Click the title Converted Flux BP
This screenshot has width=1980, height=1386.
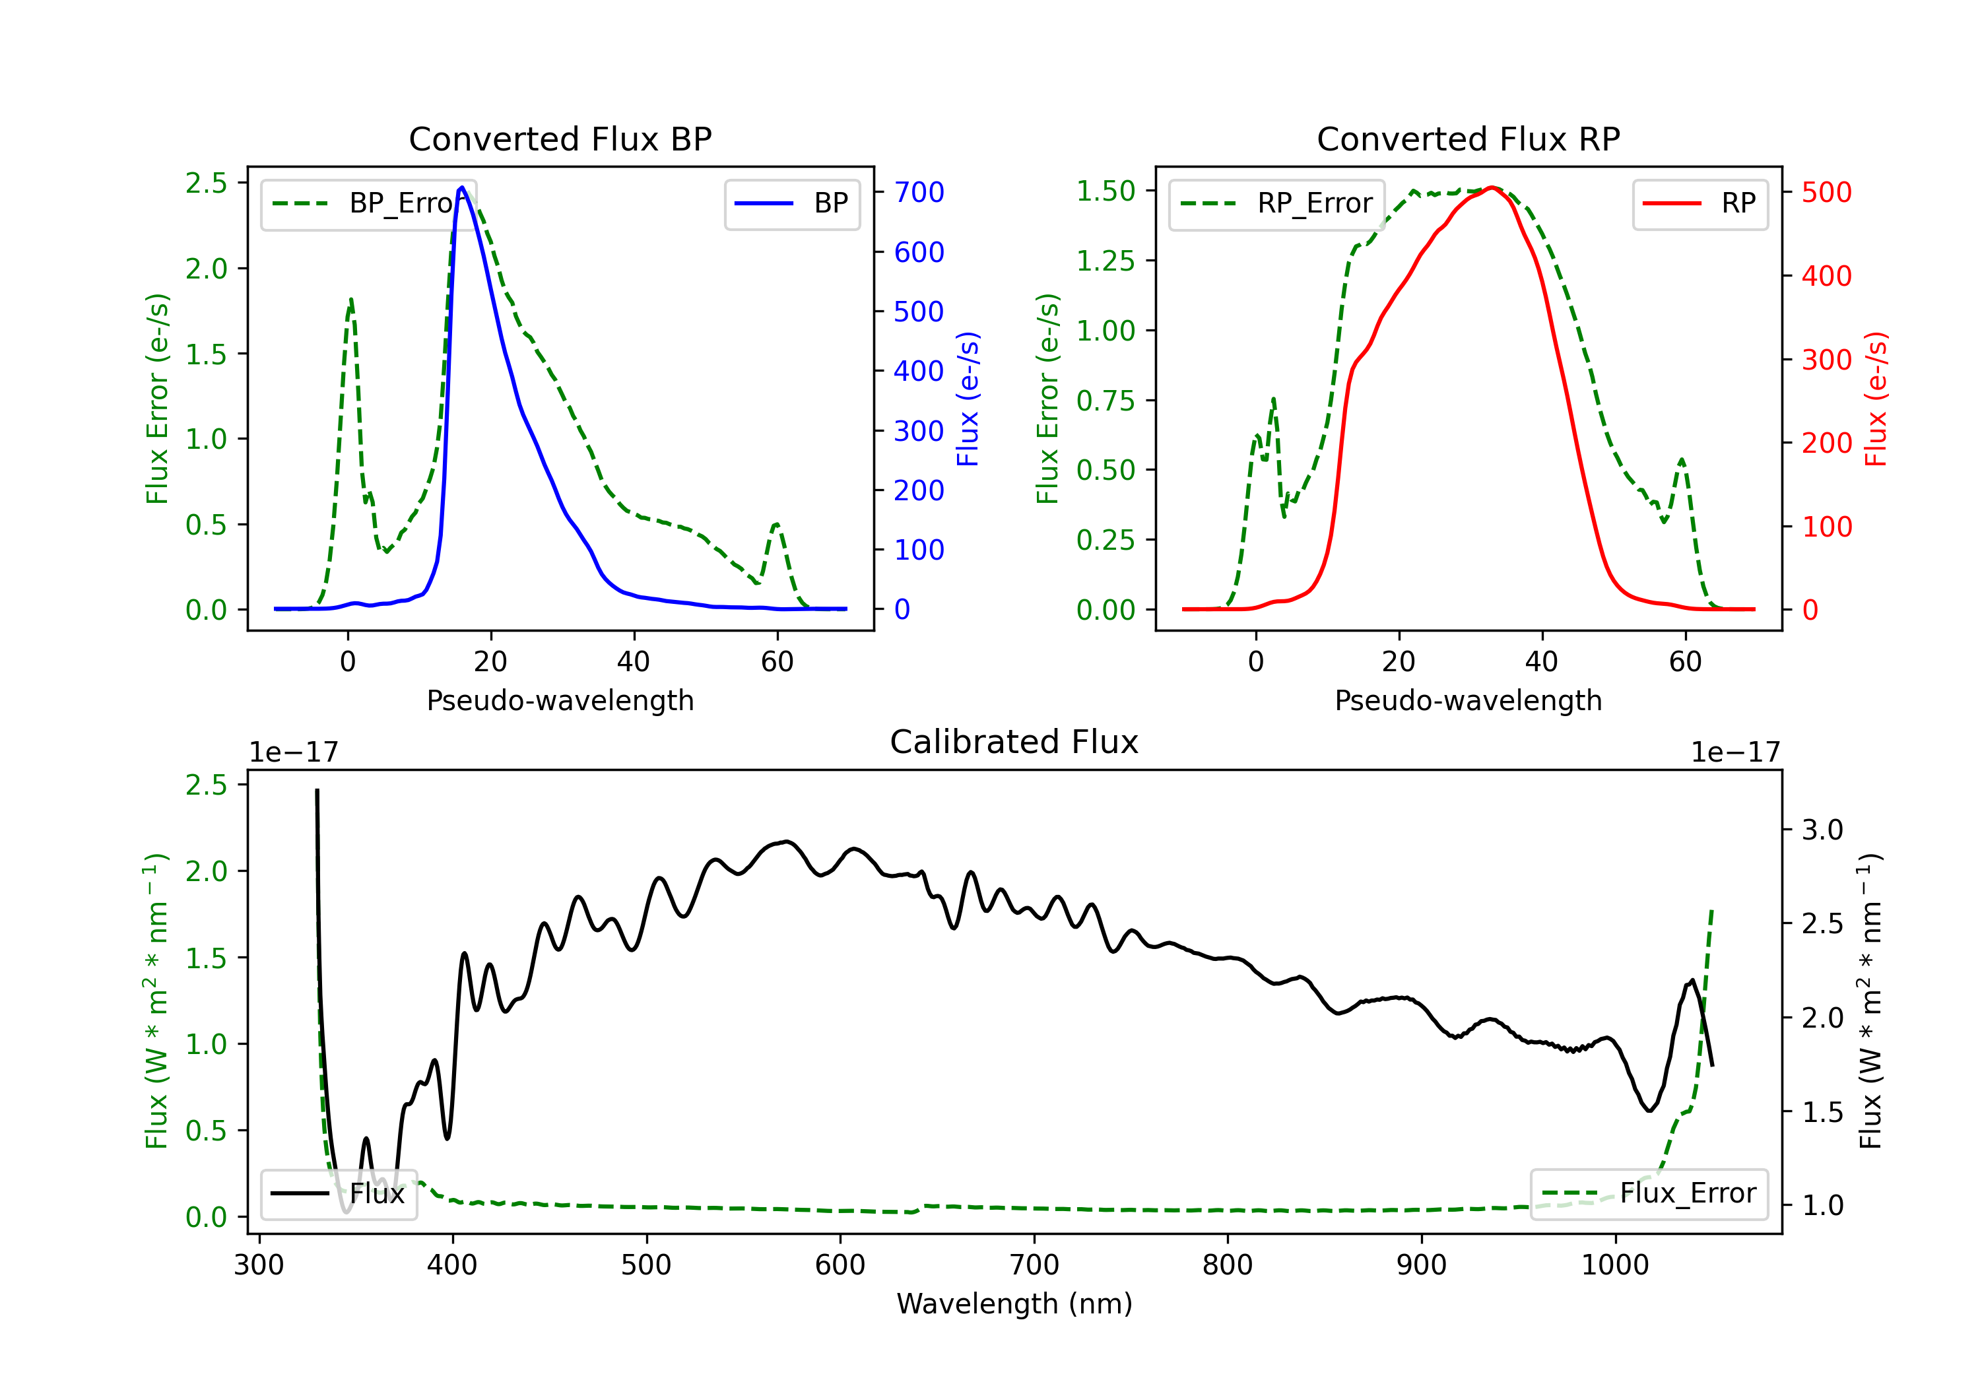tap(560, 139)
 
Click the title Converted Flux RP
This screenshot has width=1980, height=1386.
tap(1468, 139)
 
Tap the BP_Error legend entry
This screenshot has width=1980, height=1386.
tap(369, 203)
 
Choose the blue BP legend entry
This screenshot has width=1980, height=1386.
tap(791, 203)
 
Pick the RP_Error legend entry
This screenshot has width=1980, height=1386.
tap(1276, 203)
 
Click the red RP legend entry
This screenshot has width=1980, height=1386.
tap(1699, 203)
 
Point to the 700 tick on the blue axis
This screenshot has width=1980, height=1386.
tap(919, 192)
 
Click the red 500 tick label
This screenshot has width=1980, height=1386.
tap(1826, 192)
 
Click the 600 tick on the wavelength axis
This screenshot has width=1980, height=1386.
tap(840, 1265)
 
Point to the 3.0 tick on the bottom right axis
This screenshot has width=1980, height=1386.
tap(1822, 830)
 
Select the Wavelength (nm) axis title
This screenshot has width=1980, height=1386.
tap(1014, 1303)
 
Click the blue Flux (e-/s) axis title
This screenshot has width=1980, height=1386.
tap(968, 399)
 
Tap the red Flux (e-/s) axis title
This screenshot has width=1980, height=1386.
tap(1876, 399)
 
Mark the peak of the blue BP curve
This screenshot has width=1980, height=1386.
tap(462, 187)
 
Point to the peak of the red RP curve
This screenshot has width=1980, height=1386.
tap(1492, 187)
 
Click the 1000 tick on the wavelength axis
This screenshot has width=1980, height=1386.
tap(1614, 1265)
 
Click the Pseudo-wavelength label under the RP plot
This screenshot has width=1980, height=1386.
tap(1468, 700)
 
